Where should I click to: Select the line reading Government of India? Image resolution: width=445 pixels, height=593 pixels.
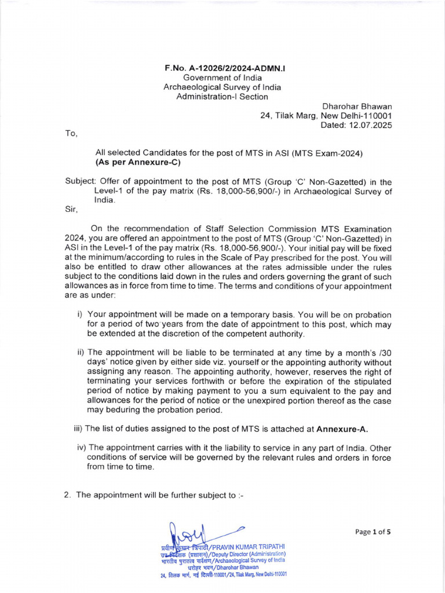coord(222,78)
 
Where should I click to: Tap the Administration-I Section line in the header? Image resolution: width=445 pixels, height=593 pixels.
coord(222,97)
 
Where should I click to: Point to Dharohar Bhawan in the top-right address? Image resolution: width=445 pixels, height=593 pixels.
coord(357,107)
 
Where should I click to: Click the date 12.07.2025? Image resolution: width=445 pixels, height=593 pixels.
coord(371,125)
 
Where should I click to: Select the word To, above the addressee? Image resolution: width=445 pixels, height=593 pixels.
coord(71,134)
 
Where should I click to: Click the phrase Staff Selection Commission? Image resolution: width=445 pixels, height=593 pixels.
coord(240,229)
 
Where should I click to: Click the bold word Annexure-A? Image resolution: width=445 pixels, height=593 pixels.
coord(342,429)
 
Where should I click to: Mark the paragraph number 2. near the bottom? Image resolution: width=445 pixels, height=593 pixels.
coord(68,495)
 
